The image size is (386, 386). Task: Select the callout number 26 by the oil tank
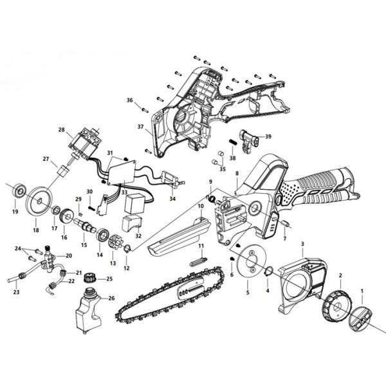coord(111,298)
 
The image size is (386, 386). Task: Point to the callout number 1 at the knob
coord(362,291)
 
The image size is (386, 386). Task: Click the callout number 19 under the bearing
coord(15,211)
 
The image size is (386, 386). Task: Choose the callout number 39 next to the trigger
coord(269,136)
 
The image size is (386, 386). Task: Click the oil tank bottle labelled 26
coord(87,313)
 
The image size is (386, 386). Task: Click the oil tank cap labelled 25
coord(91,278)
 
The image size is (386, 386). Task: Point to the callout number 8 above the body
coord(237,174)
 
